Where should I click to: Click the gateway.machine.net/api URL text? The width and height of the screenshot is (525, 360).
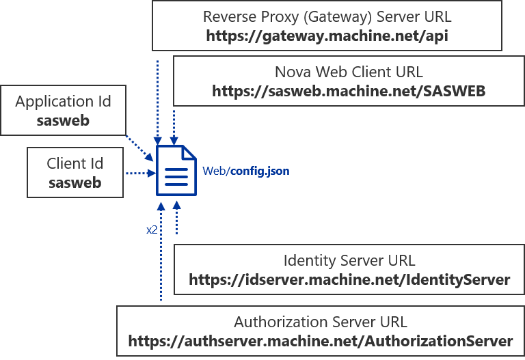327,36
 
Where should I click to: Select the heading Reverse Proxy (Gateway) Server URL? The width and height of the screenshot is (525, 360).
327,16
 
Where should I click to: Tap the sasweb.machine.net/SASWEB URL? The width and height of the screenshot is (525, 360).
349,92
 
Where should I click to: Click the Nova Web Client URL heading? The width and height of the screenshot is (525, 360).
349,72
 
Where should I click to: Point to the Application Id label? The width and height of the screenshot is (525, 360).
63,102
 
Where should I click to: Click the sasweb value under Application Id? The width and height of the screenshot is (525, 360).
63,121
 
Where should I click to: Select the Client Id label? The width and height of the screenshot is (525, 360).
75,163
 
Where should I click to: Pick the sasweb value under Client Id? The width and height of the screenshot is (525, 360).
75,182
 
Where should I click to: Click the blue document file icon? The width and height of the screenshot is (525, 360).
175,170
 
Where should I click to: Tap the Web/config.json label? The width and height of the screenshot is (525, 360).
245,171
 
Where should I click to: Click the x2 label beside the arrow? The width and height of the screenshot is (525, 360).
152,230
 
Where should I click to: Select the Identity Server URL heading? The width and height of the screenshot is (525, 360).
349,260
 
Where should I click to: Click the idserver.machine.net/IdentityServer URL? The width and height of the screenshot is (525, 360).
349,279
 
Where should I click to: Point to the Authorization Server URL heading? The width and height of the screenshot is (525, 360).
320,322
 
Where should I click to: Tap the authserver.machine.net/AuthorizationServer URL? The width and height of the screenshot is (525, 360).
320,341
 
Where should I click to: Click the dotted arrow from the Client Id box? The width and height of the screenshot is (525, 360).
139,174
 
